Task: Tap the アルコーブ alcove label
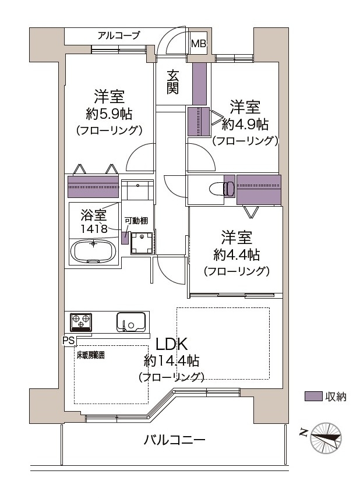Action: tap(119, 36)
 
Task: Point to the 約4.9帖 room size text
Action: tap(245, 124)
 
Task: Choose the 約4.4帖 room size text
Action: tap(236, 254)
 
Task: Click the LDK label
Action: tap(171, 343)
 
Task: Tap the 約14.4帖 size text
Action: tap(171, 360)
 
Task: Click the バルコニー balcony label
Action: tap(174, 440)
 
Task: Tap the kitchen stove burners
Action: tap(80, 321)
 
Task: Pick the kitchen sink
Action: tap(130, 321)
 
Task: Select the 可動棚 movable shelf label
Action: tap(136, 221)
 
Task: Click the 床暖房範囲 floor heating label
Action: tap(90, 355)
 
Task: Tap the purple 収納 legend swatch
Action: tap(313, 397)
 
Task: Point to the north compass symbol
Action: tap(325, 436)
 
